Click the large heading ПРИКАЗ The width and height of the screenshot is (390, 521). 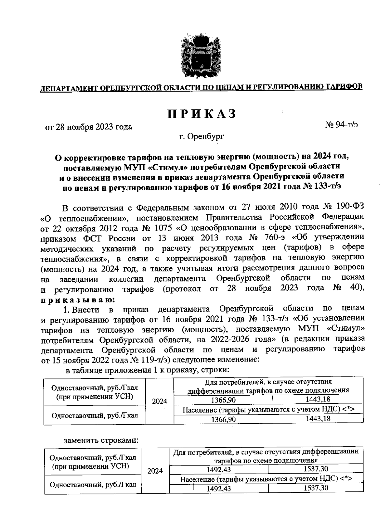tap(202, 114)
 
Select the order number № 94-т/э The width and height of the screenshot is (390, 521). tap(341, 125)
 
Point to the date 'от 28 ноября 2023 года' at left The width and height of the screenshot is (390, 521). tap(88, 127)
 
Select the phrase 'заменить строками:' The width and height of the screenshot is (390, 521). tap(101, 441)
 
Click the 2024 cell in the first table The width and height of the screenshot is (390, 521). tap(160, 401)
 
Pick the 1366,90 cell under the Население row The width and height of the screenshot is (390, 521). tap(223, 419)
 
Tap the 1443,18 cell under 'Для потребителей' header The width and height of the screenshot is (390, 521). tap(318, 399)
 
